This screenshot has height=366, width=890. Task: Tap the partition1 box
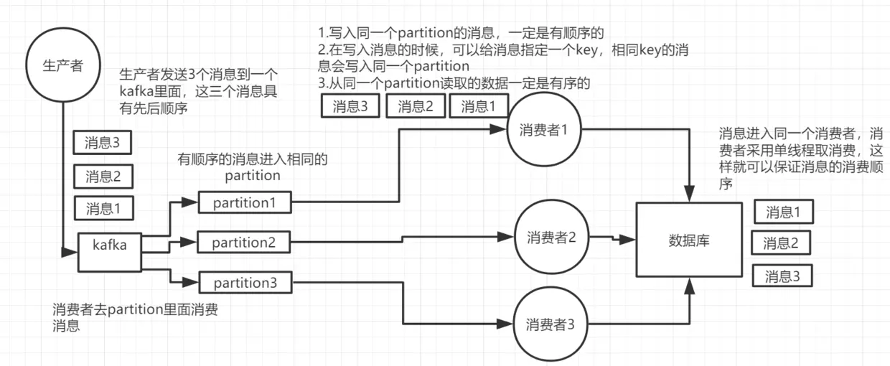tap(245, 203)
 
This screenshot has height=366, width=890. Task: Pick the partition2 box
tap(244, 243)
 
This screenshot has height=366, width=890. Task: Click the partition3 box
tap(245, 283)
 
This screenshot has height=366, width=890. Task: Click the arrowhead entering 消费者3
tap(505, 324)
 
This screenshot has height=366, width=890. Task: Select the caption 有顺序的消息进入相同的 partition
tap(253, 167)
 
